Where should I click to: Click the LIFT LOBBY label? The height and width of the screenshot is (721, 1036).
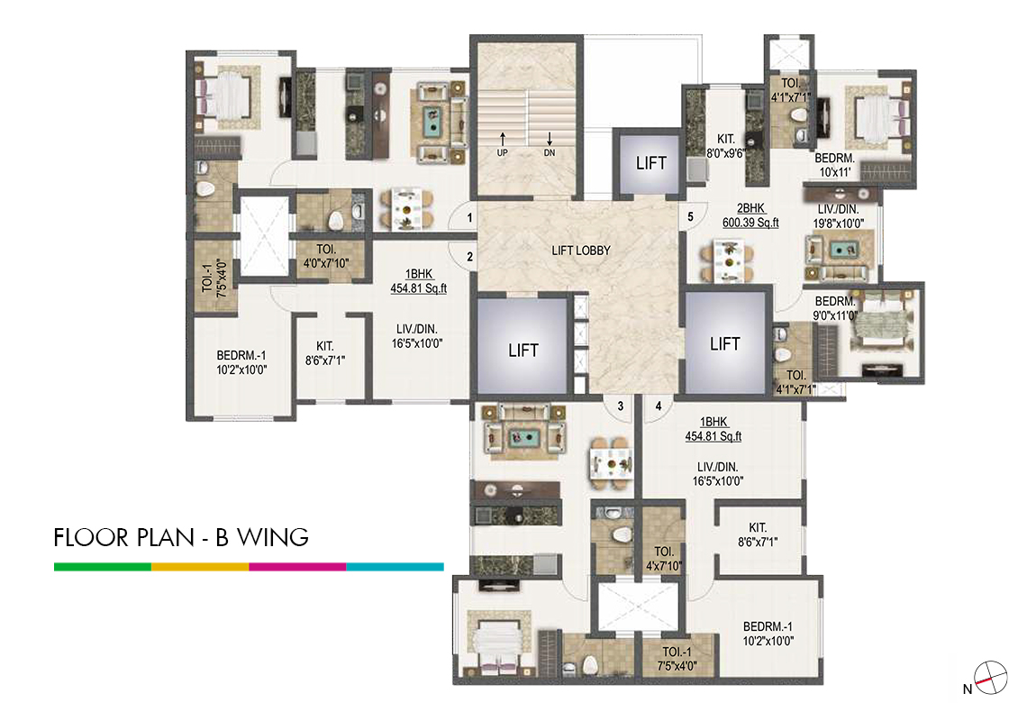(x=581, y=251)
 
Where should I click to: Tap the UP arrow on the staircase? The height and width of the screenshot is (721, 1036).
(x=503, y=139)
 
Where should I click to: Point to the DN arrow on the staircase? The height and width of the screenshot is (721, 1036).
(x=550, y=139)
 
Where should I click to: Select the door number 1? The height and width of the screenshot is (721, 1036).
(x=469, y=217)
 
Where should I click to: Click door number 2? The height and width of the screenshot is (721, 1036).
(x=469, y=257)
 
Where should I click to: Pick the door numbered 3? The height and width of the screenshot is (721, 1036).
(x=621, y=406)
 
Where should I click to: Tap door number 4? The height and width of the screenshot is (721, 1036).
(x=658, y=406)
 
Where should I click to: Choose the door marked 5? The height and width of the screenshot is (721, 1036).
(x=690, y=217)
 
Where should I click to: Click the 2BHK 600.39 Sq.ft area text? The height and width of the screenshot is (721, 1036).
(x=750, y=215)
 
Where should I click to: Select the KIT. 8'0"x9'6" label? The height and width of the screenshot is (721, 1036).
(x=725, y=145)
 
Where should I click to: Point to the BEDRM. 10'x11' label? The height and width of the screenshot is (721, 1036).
(x=834, y=165)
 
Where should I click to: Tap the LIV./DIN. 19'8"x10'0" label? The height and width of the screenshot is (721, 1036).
(x=839, y=217)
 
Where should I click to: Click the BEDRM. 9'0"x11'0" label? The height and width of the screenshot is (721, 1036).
(x=835, y=308)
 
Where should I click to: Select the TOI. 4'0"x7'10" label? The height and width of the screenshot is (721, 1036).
(x=326, y=257)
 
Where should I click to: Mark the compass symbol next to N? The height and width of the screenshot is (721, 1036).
(x=990, y=679)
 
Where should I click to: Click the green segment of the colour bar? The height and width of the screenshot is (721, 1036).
(x=103, y=567)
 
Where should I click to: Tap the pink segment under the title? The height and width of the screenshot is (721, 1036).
(x=297, y=567)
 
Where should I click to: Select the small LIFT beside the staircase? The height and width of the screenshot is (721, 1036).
(x=650, y=163)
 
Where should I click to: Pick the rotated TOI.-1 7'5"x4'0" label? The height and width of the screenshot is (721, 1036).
(x=215, y=278)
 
